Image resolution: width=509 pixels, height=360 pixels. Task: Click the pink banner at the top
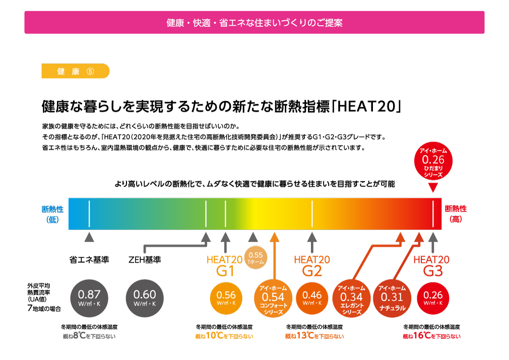click(x=254, y=22)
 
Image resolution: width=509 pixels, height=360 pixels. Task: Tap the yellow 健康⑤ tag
click(x=75, y=71)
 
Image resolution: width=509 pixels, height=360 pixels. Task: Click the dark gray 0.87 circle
click(x=89, y=298)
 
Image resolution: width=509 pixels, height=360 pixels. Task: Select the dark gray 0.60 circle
click(x=145, y=298)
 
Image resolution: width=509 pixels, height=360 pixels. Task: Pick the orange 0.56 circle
click(x=226, y=298)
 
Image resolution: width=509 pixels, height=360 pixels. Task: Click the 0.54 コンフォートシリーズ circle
click(x=273, y=298)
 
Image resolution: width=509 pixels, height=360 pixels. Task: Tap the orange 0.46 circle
click(x=312, y=298)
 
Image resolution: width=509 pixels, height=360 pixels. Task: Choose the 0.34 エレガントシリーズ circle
click(x=352, y=298)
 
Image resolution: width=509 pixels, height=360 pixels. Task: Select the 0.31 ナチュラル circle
click(x=392, y=298)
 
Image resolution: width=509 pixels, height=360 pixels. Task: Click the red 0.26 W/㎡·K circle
click(x=433, y=298)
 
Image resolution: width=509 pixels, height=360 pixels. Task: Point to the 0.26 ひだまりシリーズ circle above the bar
click(x=433, y=161)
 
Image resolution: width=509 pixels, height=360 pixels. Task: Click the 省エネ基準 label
click(x=89, y=260)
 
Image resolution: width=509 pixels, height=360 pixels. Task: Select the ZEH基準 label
click(x=145, y=260)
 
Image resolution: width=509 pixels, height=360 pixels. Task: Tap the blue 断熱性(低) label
click(x=52, y=214)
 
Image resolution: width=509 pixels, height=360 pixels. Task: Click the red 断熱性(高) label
click(x=456, y=214)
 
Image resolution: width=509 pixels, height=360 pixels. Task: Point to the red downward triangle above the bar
click(x=433, y=188)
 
